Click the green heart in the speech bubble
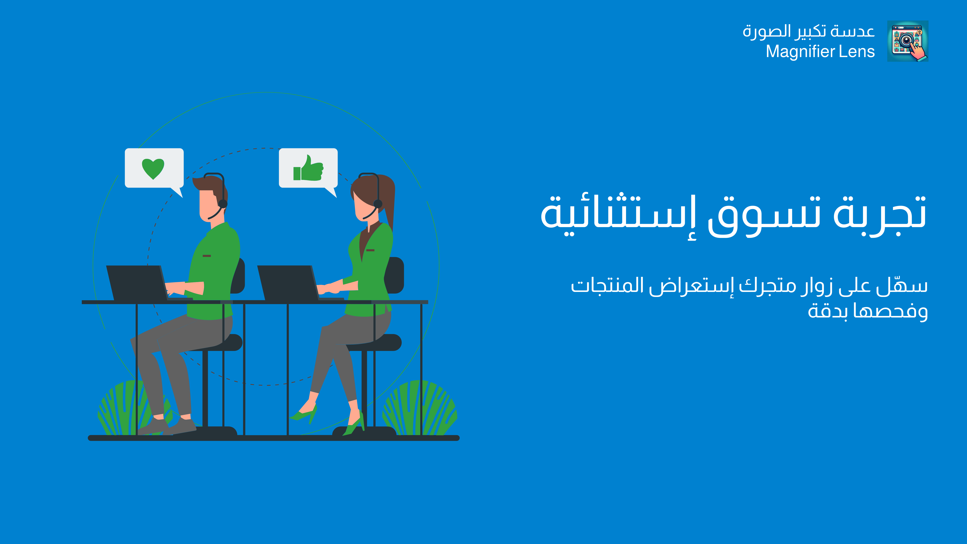[153, 169]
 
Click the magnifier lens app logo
[908, 41]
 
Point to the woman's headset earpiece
[378, 204]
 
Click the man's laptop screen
[137, 283]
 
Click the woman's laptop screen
[288, 283]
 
